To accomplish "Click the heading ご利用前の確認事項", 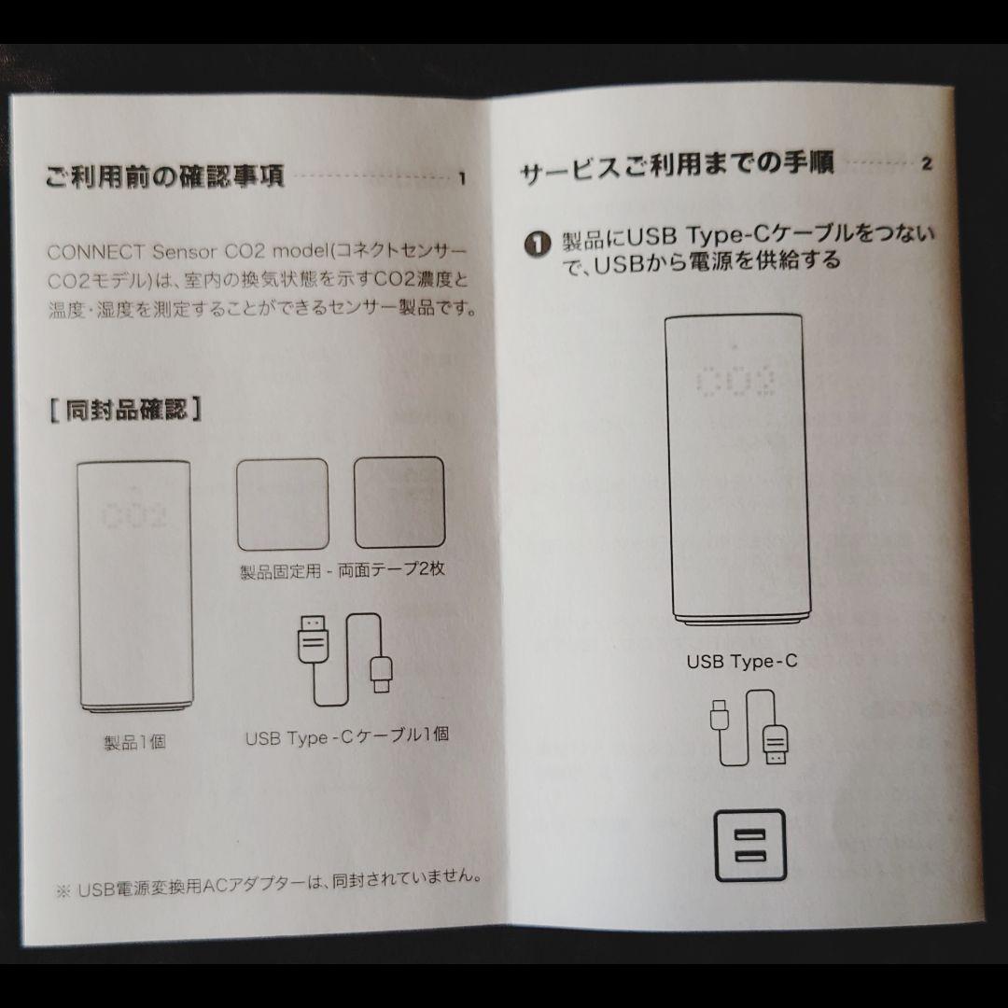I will click(x=164, y=175).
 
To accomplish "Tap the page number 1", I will click(x=461, y=179).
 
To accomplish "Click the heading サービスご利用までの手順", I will click(x=677, y=168).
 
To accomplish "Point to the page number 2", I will click(x=926, y=165).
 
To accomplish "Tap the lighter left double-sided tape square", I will click(x=283, y=503).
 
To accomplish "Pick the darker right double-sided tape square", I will click(x=399, y=502).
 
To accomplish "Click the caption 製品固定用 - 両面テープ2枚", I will click(x=342, y=569).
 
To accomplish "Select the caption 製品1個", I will click(x=134, y=744).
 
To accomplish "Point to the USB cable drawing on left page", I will click(x=344, y=659).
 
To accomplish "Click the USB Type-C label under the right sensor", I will click(x=742, y=662).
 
